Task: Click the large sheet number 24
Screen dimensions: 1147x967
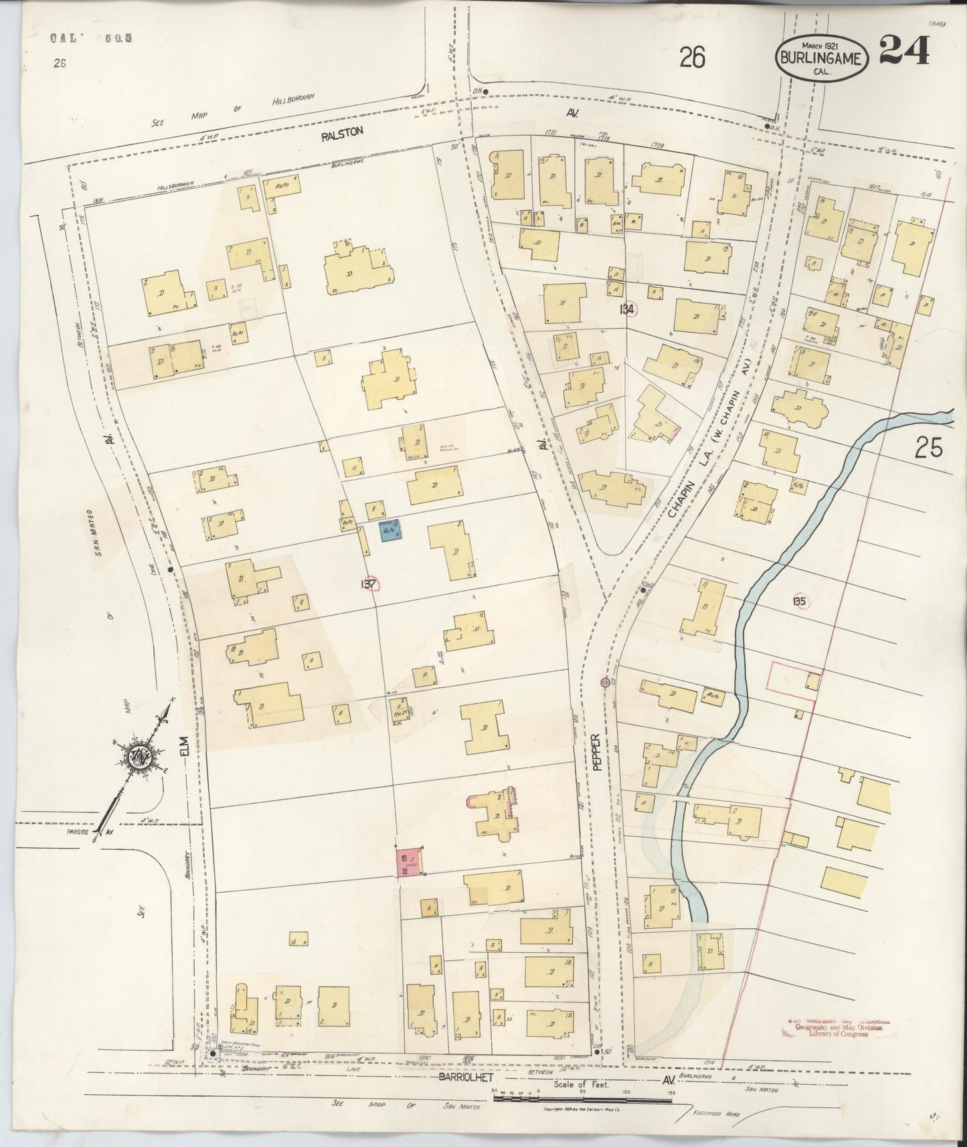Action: pos(903,51)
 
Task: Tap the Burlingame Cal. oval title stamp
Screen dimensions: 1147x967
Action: pos(822,58)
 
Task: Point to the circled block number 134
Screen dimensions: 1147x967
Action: pos(628,308)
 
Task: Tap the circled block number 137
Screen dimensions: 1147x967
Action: pos(369,584)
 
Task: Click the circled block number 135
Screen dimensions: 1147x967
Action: pos(798,601)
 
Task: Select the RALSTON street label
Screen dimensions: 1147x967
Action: pos(341,133)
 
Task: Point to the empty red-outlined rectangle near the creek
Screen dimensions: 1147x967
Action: pos(790,681)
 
